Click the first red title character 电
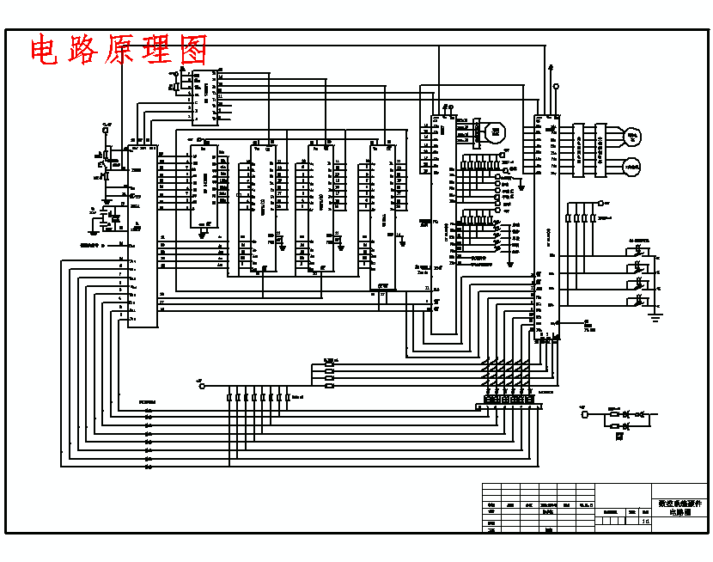pos(46,50)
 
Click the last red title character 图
pos(192,50)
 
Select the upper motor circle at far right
pos(632,135)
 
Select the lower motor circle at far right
pos(631,165)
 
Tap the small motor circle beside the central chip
pos(494,132)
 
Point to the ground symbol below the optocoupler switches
pos(655,318)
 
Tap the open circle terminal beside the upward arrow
pos(556,86)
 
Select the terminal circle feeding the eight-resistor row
pos(203,387)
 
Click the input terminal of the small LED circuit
pos(586,414)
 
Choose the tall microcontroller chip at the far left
pos(143,235)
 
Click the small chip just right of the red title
pos(204,97)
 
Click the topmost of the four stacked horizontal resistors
pos(329,364)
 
